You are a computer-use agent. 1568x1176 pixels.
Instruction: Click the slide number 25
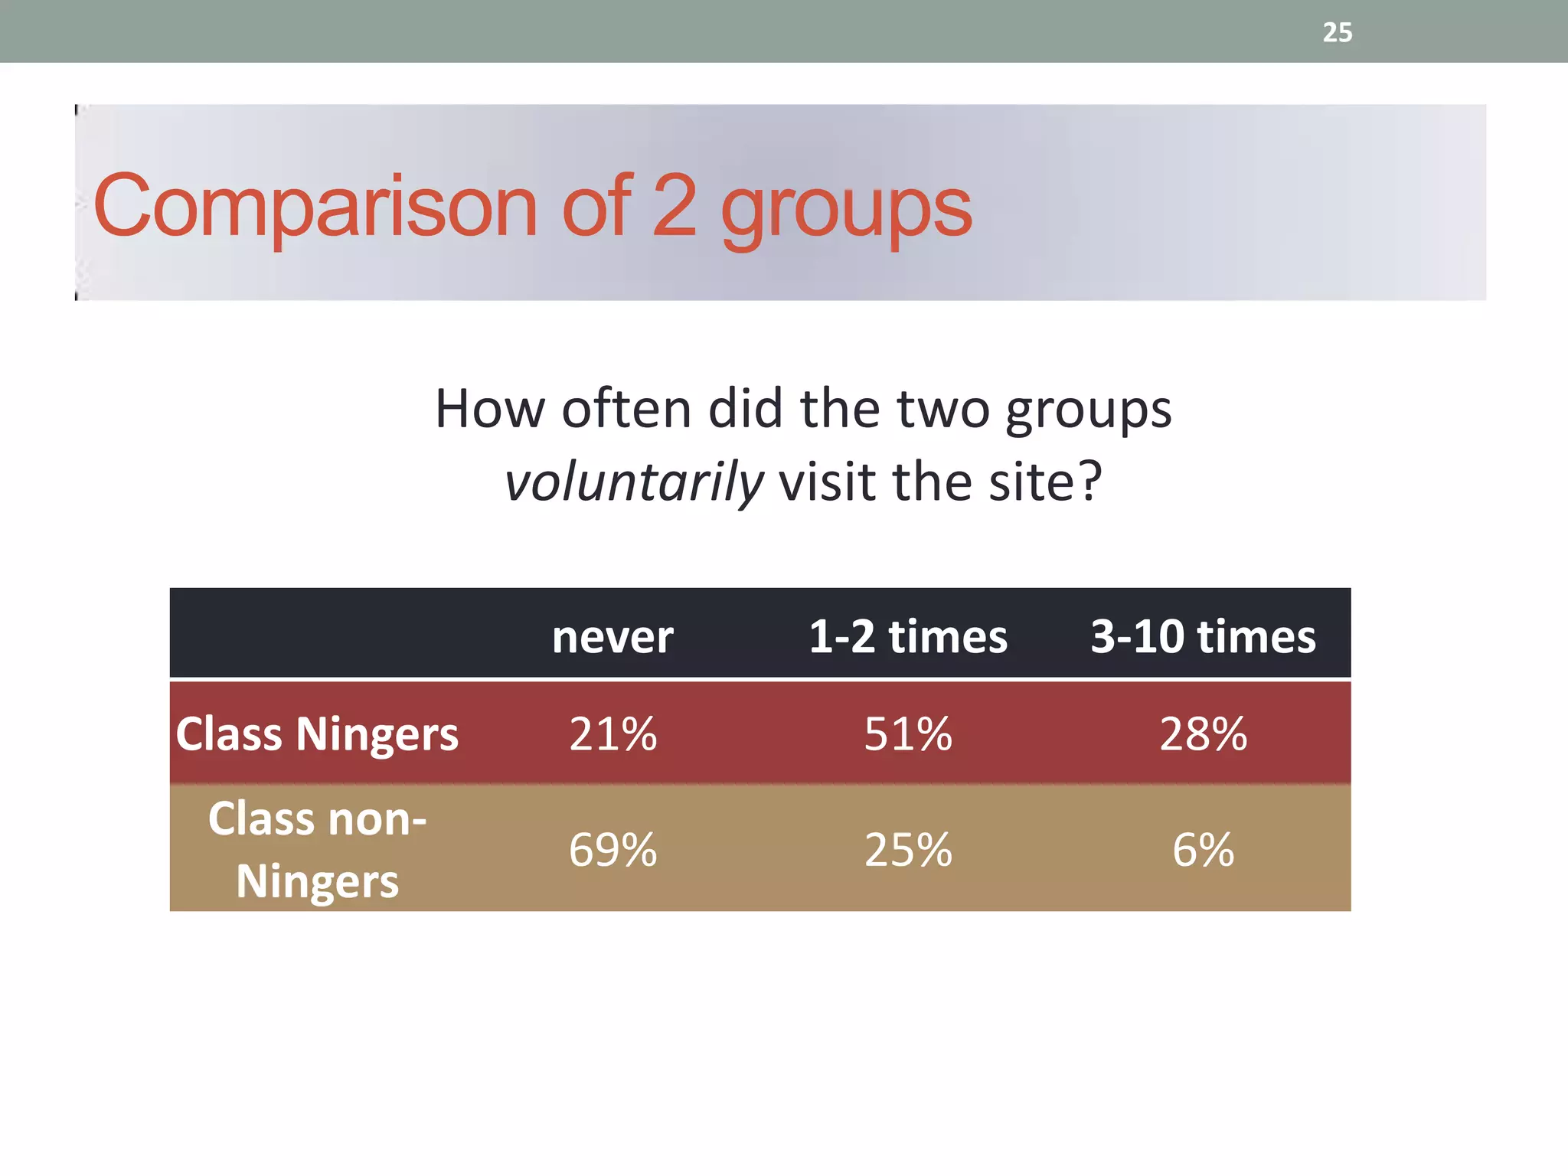[1337, 32]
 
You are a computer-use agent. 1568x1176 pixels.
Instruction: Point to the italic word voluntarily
[634, 483]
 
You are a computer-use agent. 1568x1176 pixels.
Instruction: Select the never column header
[612, 636]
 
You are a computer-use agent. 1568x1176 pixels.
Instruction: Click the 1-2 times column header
[908, 636]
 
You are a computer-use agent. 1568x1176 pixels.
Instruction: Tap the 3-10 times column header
[1203, 636]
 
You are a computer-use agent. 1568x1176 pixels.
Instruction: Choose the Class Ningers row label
[317, 734]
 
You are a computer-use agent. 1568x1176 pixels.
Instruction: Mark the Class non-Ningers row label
[317, 849]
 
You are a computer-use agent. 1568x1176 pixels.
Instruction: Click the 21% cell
[612, 734]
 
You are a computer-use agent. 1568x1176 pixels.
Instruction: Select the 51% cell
[908, 734]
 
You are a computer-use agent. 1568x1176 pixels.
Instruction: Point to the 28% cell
[1203, 734]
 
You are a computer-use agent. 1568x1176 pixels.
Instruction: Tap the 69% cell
[612, 850]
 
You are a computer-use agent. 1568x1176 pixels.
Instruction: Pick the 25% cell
[908, 850]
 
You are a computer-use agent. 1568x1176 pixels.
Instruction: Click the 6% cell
[1203, 850]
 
